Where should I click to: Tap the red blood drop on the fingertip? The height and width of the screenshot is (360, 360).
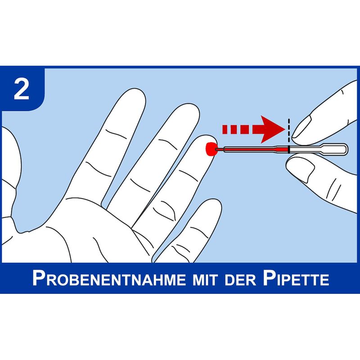click(x=211, y=149)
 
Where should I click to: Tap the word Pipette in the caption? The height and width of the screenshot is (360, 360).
click(x=296, y=278)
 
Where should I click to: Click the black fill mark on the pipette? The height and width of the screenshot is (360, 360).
click(x=289, y=149)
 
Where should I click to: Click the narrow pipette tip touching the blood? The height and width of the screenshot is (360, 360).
click(x=219, y=149)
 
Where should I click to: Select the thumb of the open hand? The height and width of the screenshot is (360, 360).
click(x=10, y=175)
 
